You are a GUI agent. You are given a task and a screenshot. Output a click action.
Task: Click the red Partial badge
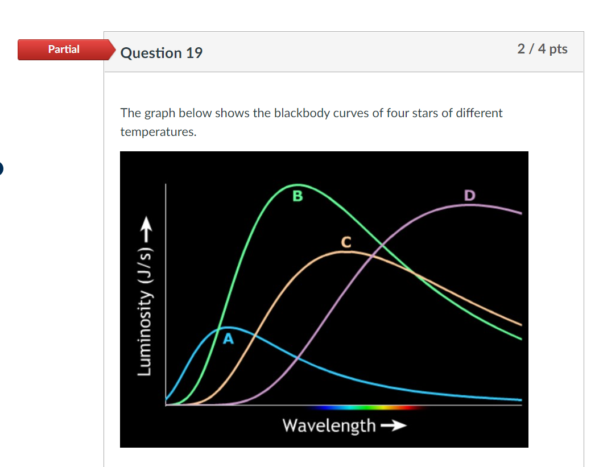64,49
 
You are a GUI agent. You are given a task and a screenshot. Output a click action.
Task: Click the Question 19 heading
162,53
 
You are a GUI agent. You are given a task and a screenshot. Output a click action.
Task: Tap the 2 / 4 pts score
542,49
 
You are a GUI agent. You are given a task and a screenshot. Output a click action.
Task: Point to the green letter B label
298,197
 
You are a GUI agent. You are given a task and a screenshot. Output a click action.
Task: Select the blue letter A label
228,340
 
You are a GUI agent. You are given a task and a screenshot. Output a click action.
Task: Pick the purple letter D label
469,196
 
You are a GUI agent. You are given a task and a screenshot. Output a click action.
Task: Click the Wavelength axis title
329,425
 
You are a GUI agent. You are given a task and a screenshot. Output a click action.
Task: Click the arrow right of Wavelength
393,425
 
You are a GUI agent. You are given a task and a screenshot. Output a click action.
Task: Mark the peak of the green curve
296,185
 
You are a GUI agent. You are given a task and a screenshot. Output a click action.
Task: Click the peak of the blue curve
230,327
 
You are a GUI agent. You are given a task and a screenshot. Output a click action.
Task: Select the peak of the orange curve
343,251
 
